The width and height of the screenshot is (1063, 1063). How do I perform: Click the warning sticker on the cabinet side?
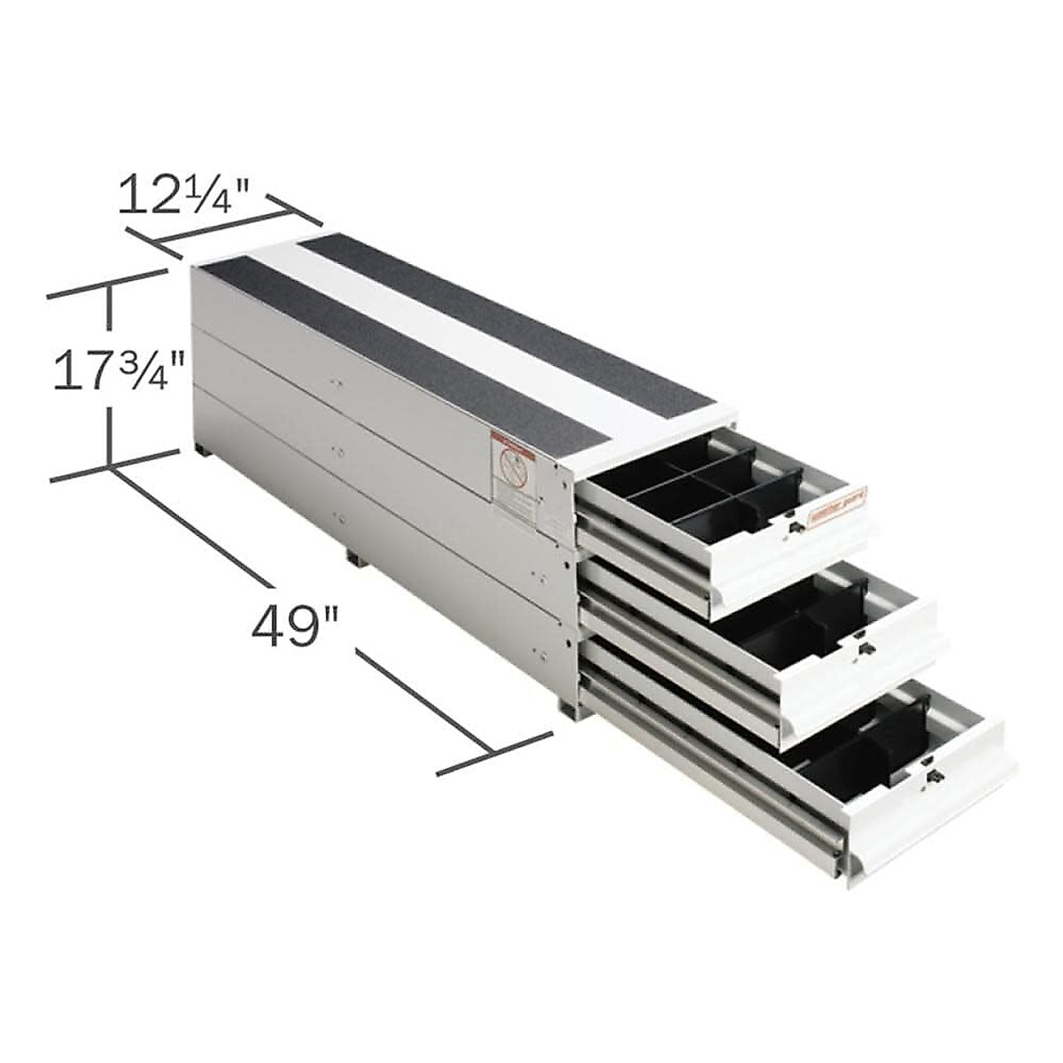514,482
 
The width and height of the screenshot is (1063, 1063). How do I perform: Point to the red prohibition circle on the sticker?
510,463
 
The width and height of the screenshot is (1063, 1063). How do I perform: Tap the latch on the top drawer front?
795,529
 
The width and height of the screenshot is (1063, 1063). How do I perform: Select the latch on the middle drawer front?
860,649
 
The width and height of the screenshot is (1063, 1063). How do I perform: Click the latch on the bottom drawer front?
933,777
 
